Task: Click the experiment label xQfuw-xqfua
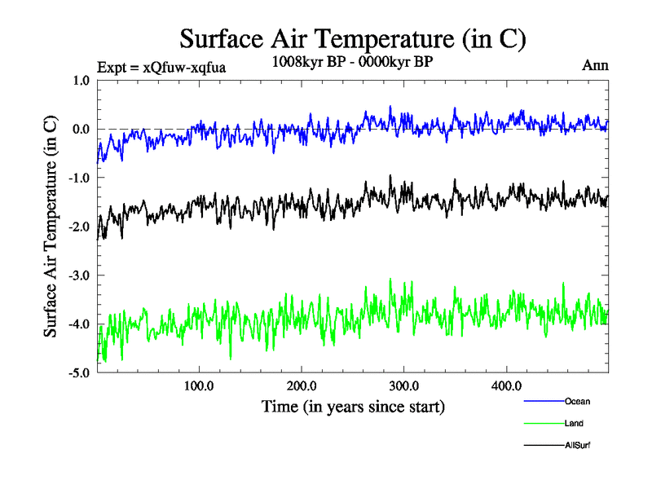tap(161, 67)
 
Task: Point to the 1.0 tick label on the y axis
tap(81, 81)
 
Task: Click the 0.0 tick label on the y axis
tap(81, 130)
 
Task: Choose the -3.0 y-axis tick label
tap(79, 276)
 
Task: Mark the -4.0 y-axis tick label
tap(79, 325)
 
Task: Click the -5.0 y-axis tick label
tap(79, 374)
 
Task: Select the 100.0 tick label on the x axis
tap(199, 385)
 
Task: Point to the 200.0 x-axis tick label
tap(302, 385)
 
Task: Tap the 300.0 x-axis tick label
tap(404, 385)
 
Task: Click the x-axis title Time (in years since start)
tap(353, 406)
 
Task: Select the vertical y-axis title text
tap(51, 227)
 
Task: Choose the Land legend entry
tap(574, 423)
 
